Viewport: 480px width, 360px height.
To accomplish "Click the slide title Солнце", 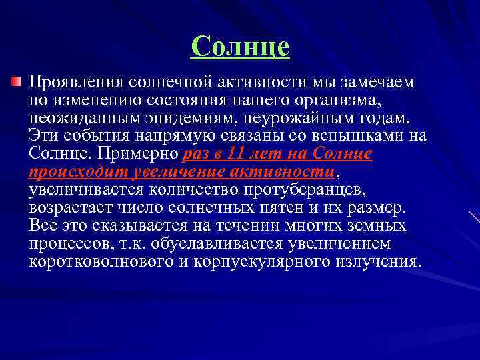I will coord(240,47).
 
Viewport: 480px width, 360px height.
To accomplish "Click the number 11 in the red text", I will coord(235,154).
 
